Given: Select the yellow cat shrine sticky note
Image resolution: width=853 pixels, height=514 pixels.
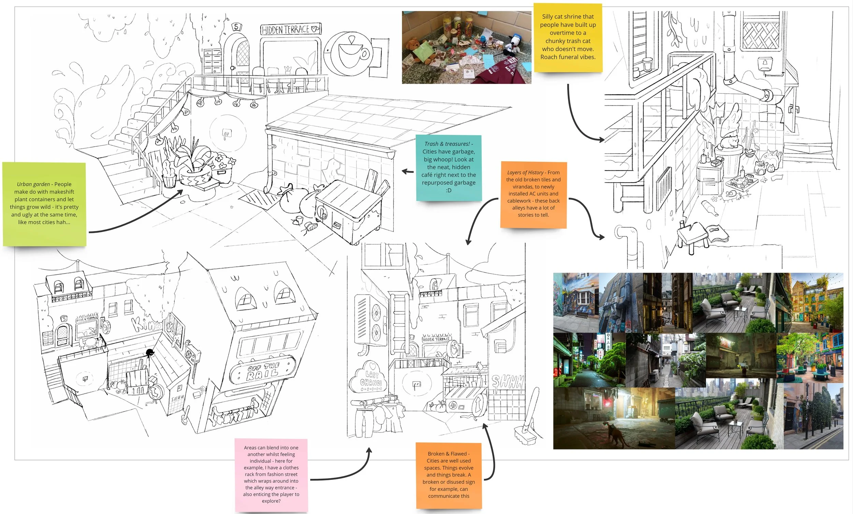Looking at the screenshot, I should (x=568, y=37).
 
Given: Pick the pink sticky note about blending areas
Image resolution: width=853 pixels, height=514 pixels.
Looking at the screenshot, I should (x=271, y=474).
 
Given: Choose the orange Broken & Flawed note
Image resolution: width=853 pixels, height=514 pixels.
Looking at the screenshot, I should (x=449, y=475).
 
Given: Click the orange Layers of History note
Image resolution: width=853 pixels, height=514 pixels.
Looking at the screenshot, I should (x=533, y=194).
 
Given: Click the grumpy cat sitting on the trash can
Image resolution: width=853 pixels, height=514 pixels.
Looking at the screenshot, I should (x=729, y=142).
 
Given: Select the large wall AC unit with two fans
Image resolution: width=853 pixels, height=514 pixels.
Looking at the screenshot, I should (x=370, y=320).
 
